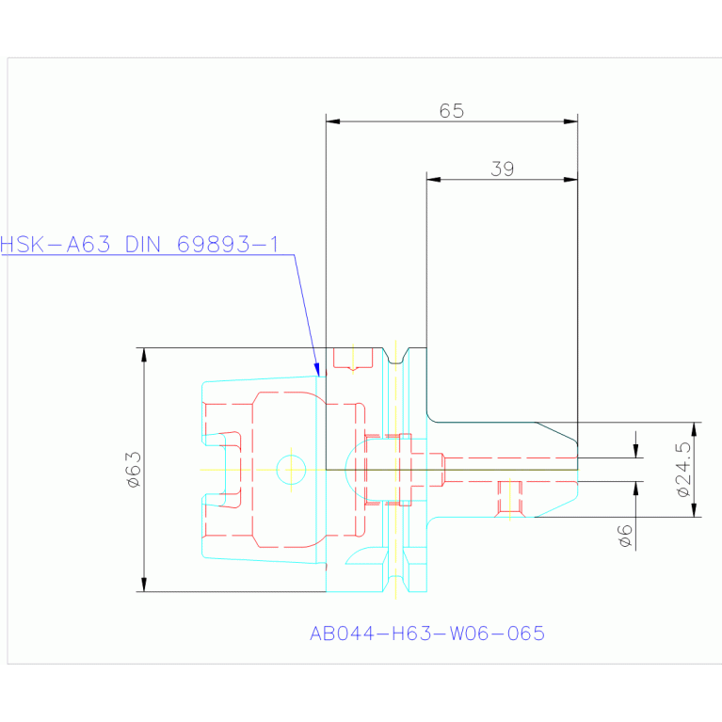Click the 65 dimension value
click(x=451, y=111)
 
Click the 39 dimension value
click(x=502, y=169)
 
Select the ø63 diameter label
click(x=134, y=469)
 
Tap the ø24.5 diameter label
click(x=683, y=469)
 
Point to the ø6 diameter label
click(x=625, y=536)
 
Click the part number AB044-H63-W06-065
click(x=427, y=634)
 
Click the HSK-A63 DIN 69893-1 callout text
click(x=139, y=245)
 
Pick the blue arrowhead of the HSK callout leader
click(x=317, y=369)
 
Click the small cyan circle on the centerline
click(x=291, y=470)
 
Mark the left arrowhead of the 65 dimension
click(x=333, y=121)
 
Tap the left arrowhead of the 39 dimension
click(x=434, y=180)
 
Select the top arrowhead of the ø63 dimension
click(x=144, y=355)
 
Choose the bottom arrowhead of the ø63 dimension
click(x=144, y=585)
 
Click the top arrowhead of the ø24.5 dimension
click(x=695, y=429)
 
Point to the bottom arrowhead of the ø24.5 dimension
click(x=695, y=509)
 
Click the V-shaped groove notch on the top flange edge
click(x=396, y=356)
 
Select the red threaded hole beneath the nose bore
click(x=509, y=499)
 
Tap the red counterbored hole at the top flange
click(x=353, y=360)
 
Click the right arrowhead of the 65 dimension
click(x=570, y=121)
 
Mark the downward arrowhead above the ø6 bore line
click(x=636, y=451)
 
